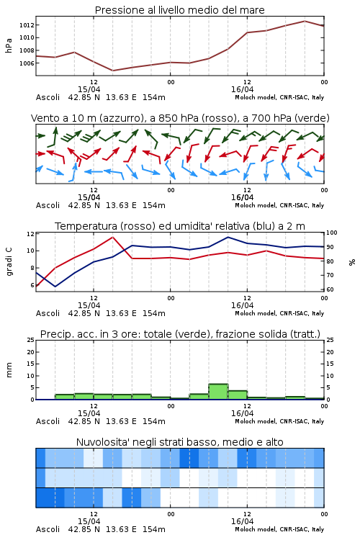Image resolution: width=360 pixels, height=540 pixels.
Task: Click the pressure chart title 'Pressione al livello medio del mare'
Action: pyautogui.click(x=179, y=10)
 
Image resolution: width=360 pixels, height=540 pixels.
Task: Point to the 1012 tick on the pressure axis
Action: pyautogui.click(x=26, y=25)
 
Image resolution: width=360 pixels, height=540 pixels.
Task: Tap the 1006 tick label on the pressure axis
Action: pyautogui.click(x=26, y=63)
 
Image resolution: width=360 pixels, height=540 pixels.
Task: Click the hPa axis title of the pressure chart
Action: pyautogui.click(x=9, y=45)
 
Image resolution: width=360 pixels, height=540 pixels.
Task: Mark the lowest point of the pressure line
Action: pyautogui.click(x=112, y=71)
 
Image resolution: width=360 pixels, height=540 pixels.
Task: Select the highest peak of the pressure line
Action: pyautogui.click(x=305, y=21)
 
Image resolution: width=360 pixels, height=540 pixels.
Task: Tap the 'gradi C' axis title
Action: pyautogui.click(x=9, y=262)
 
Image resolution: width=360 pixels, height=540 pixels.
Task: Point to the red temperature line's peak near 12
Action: pyautogui.click(x=112, y=237)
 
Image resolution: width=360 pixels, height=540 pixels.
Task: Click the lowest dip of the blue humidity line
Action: pyautogui.click(x=55, y=287)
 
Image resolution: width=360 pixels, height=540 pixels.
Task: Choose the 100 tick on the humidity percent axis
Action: pyautogui.click(x=332, y=233)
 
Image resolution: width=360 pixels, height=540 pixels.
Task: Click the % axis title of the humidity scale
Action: pyautogui.click(x=352, y=262)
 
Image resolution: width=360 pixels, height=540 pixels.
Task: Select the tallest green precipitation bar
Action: pyautogui.click(x=218, y=392)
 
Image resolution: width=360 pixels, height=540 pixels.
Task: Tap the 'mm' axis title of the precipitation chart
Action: pyautogui.click(x=9, y=370)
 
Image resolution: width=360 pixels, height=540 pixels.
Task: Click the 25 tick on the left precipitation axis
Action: pyautogui.click(x=31, y=340)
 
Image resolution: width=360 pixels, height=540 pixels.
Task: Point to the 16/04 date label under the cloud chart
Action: pyautogui.click(x=242, y=521)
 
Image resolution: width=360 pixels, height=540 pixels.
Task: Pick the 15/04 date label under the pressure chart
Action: pyautogui.click(x=89, y=89)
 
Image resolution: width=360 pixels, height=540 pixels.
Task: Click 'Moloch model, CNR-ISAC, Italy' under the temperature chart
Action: pyautogui.click(x=279, y=313)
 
